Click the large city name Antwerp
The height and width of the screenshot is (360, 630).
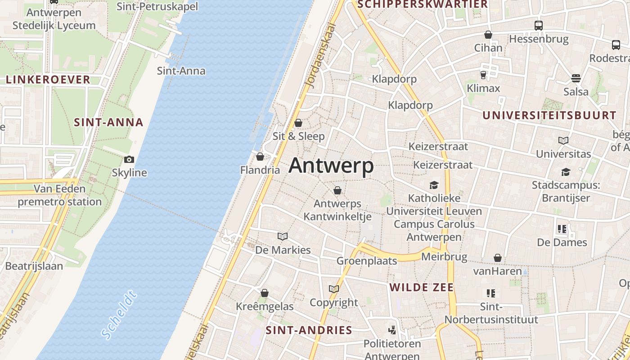331,166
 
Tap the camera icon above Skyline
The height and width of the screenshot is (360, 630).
129,159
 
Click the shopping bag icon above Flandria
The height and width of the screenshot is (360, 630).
260,157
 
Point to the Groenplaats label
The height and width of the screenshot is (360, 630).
367,261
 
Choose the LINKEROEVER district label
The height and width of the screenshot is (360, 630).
48,80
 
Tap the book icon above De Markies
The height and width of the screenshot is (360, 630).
283,236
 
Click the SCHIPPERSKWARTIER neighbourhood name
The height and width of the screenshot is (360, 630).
422,4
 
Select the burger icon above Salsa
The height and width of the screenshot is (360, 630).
576,78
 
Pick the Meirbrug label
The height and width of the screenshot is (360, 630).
444,256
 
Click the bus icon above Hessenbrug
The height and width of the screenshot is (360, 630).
539,25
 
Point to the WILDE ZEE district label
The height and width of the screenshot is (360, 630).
422,287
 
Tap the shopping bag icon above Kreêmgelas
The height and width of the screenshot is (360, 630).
265,293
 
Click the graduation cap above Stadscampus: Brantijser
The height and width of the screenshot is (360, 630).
566,172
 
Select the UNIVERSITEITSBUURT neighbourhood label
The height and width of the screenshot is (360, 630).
549,115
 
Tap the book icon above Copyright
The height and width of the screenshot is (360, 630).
333,289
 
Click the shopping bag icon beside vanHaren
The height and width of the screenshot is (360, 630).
498,258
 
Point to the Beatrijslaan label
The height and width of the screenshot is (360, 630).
34,265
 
